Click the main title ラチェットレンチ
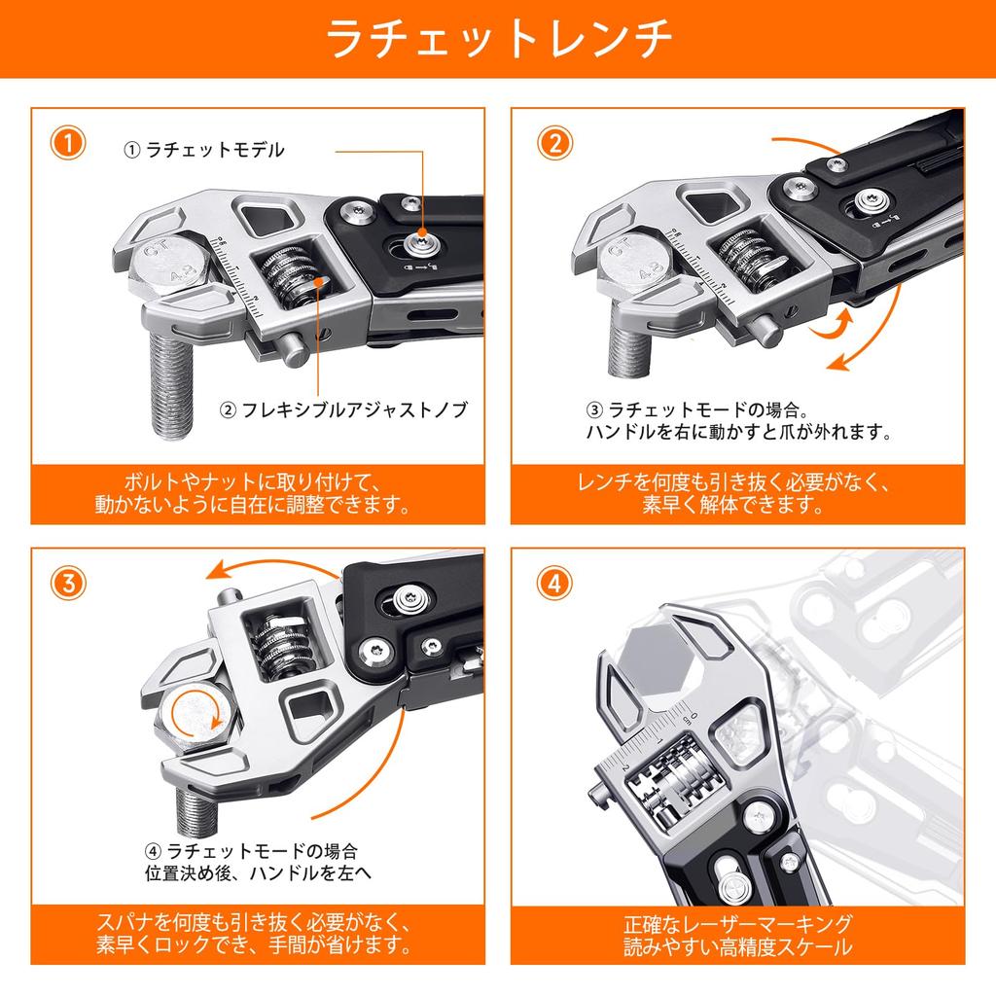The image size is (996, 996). tap(498, 39)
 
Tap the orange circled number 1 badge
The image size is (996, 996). tap(67, 144)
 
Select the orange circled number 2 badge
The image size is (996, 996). tap(552, 144)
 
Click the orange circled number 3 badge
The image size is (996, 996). tap(67, 584)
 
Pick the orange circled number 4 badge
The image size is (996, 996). tap(552, 584)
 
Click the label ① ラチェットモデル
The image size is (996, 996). tap(203, 150)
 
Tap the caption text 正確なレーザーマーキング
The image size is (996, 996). tap(738, 923)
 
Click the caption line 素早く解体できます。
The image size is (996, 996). tap(738, 505)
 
